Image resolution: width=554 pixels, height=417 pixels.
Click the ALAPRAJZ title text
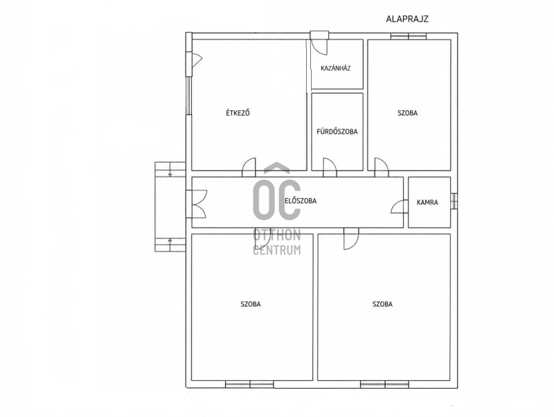coord(407,19)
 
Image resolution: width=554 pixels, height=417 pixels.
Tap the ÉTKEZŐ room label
coord(238,113)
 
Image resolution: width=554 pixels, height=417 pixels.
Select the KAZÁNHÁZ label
coord(336,68)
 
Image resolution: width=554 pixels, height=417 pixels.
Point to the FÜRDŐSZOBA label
coord(337,132)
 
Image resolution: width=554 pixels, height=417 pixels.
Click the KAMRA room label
coord(427,202)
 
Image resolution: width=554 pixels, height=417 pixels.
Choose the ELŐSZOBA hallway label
coord(301,201)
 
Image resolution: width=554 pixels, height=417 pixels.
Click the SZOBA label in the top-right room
coord(408,113)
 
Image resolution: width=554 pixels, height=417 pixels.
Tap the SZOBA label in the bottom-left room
coord(251,304)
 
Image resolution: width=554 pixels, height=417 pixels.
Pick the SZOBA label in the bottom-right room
coord(383,304)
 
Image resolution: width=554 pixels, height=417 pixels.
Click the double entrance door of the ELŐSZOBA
coord(197,204)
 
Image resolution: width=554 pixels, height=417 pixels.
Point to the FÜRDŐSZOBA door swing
coord(330,167)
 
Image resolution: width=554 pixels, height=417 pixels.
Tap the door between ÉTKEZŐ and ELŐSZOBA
coord(249,167)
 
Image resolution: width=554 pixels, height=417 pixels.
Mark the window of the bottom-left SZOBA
coord(249,384)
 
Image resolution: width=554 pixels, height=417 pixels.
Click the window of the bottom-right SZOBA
coord(385,384)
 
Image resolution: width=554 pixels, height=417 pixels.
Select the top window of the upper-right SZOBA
coord(409,36)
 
